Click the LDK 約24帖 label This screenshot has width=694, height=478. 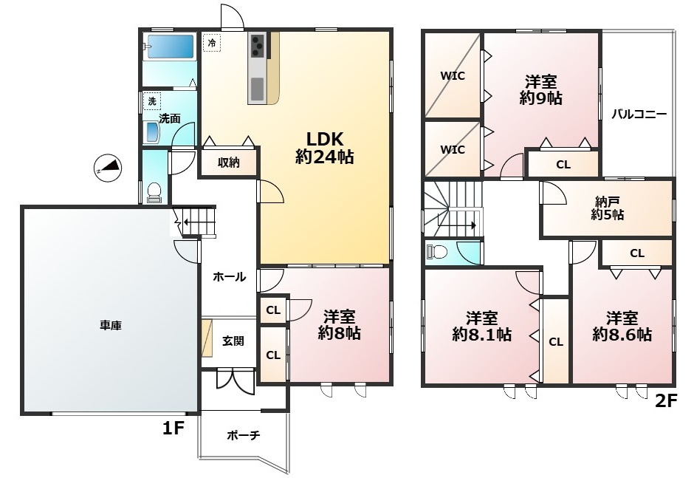(324, 148)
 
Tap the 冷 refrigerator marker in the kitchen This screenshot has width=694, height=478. (212, 43)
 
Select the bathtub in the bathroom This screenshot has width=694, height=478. (171, 47)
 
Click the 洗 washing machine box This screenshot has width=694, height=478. (152, 101)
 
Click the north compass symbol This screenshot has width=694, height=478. (109, 168)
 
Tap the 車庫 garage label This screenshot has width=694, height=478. (111, 326)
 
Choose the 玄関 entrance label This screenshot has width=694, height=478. (233, 341)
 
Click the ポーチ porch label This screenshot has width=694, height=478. (244, 435)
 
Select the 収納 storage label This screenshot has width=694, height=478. (228, 163)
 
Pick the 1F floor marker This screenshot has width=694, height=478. (173, 428)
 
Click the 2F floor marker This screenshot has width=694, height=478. (666, 401)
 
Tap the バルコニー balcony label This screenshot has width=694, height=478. (639, 115)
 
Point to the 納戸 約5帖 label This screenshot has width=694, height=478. (608, 208)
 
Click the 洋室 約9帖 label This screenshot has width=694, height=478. (541, 90)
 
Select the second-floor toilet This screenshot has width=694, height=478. (437, 252)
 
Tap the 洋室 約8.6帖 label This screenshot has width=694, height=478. (622, 327)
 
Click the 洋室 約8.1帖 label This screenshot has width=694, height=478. (481, 327)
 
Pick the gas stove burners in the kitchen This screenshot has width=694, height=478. (257, 46)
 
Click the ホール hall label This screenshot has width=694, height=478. (230, 277)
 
